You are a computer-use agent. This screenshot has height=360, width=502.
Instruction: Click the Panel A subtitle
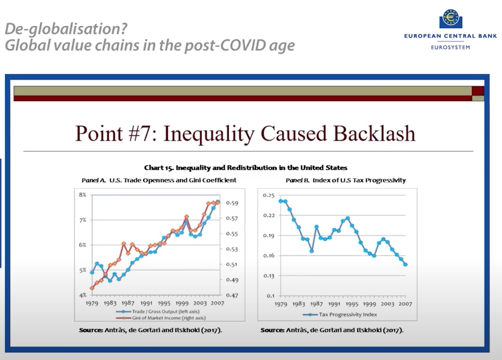point(159,180)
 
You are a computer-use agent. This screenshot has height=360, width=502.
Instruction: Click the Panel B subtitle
point(346,180)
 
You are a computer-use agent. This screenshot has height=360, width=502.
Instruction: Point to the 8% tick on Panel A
point(82,195)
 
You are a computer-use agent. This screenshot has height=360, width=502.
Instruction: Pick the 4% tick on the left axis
point(82,296)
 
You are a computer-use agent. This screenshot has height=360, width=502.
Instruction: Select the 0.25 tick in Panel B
point(268,195)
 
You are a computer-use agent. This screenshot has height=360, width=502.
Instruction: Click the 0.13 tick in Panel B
point(268,276)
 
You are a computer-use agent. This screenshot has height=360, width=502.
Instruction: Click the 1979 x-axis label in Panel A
point(92,304)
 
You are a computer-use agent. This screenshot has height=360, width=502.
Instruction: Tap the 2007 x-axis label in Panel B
point(405,304)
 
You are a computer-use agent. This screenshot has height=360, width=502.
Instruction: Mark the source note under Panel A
point(151,330)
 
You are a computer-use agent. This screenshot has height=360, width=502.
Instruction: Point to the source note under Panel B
point(333,330)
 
